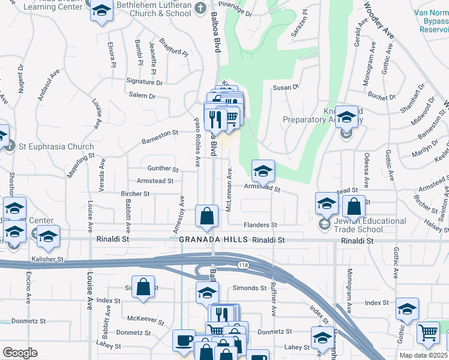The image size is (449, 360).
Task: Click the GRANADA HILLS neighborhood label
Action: [213, 239]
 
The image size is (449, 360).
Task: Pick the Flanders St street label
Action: [260, 225]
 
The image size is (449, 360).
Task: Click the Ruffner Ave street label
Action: [273, 301]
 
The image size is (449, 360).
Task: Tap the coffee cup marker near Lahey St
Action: [184, 340]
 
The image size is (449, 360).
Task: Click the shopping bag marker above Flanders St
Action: [206, 217]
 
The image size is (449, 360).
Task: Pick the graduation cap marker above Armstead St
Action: [262, 172]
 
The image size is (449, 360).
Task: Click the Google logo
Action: [20, 352]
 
